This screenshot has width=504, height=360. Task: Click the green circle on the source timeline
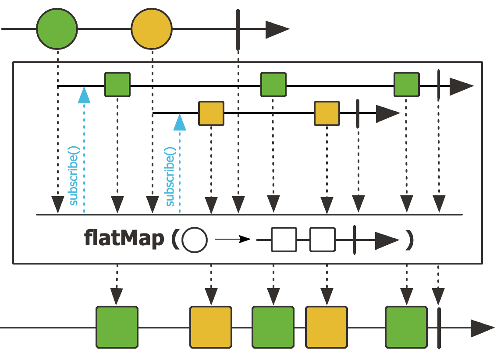pyautogui.click(x=57, y=29)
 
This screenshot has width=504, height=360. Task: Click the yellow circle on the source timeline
pyautogui.click(x=152, y=29)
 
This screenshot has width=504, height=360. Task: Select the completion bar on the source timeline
pyautogui.click(x=238, y=29)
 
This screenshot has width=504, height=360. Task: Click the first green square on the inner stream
pyautogui.click(x=117, y=85)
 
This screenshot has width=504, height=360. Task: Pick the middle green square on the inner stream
pyautogui.click(x=273, y=85)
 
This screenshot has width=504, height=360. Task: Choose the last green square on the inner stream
pyautogui.click(x=406, y=85)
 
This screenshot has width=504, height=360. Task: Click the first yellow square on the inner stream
pyautogui.click(x=211, y=113)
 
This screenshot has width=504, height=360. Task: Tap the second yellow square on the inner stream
pyautogui.click(x=327, y=113)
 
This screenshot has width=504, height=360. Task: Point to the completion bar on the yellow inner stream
pyautogui.click(x=358, y=113)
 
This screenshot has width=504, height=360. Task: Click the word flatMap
pyautogui.click(x=124, y=240)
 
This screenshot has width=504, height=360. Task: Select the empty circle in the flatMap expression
pyautogui.click(x=194, y=240)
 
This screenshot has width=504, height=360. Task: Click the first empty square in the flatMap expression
pyautogui.click(x=284, y=240)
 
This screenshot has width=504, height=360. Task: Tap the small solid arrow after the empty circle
pyautogui.click(x=232, y=240)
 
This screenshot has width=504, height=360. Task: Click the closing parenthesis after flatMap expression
pyautogui.click(x=409, y=240)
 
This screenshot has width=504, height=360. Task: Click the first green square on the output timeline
pyautogui.click(x=117, y=328)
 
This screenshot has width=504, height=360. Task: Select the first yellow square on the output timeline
pyautogui.click(x=210, y=328)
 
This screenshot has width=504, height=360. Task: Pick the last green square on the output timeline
pyautogui.click(x=406, y=328)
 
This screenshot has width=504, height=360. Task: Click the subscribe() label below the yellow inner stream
pyautogui.click(x=171, y=177)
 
